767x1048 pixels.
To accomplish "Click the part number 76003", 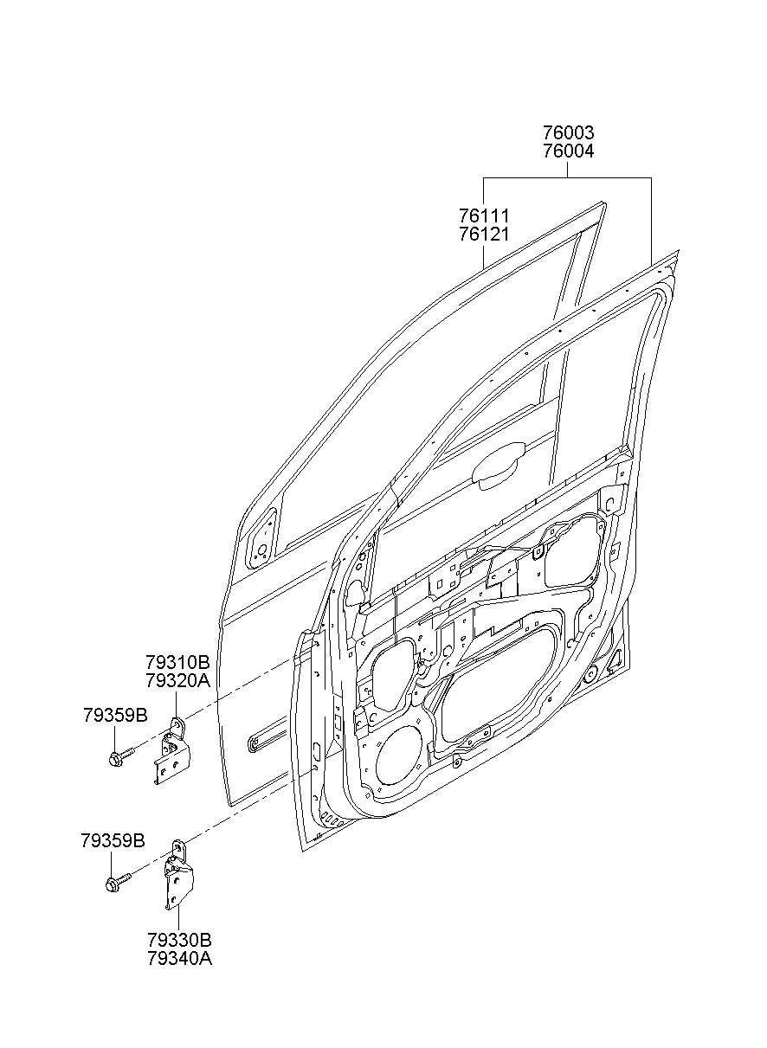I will coord(568,133).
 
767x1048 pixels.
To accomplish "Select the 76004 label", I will coord(568,151).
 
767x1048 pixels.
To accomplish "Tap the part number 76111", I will coord(483,215).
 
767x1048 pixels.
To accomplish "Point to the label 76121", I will coord(483,234).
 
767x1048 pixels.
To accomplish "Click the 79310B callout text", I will coord(177,663).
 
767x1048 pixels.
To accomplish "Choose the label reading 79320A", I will coord(177,681).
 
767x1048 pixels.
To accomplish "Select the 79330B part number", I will coord(179,940).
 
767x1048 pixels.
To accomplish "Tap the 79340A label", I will coord(179,958).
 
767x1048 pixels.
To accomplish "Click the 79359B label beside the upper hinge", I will coord(115,715).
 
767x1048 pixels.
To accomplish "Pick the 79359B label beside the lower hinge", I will coord(113,840).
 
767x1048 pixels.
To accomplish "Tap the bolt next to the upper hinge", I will coord(119,757).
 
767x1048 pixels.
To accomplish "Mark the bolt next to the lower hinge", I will coord(117,882).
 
